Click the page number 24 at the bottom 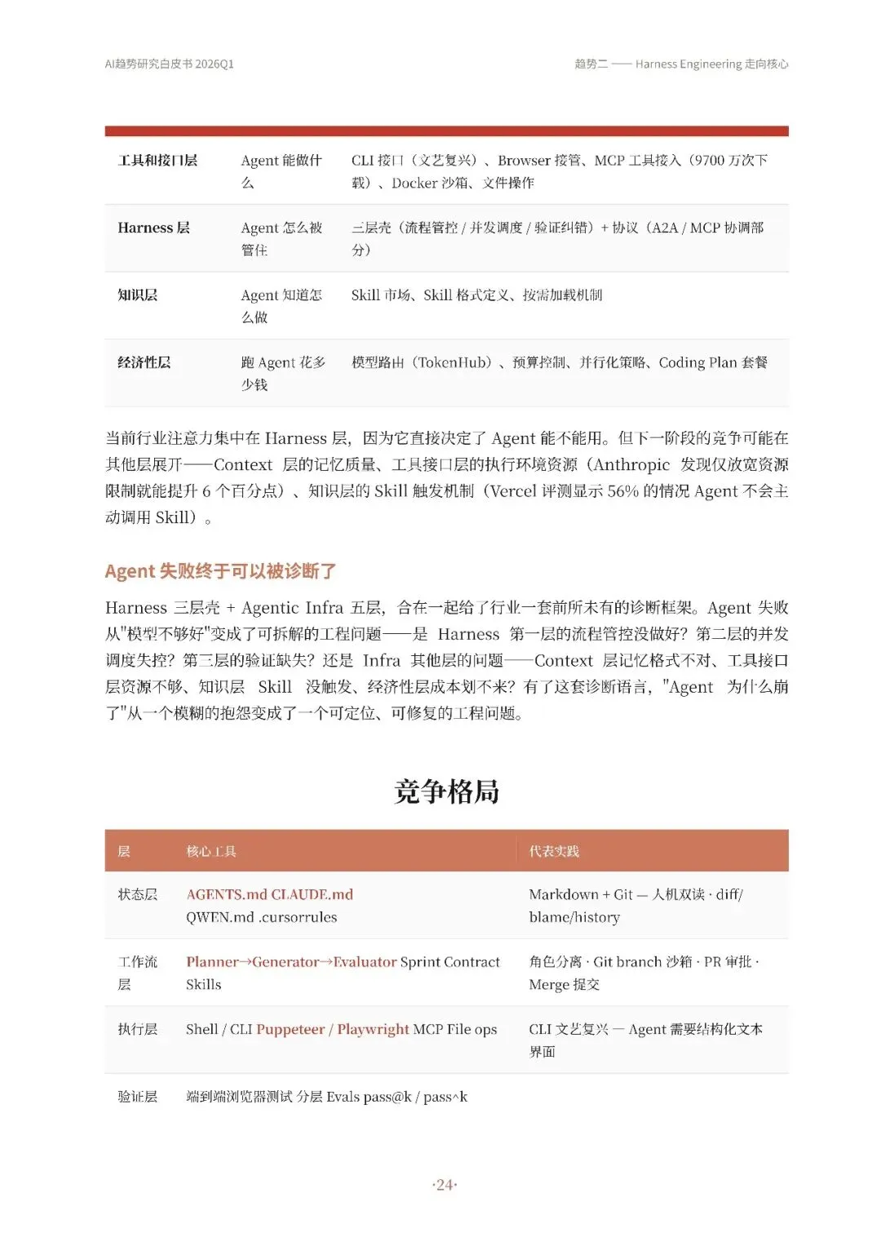point(445,1185)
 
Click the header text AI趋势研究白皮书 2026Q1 point(169,64)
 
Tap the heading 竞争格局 point(446,791)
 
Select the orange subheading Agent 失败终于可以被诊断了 point(220,571)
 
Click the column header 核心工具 point(211,851)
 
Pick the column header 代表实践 point(554,851)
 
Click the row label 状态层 point(137,894)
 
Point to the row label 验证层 point(137,1097)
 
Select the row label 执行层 point(137,1029)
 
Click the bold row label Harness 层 point(153,228)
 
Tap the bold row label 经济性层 point(144,362)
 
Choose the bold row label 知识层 point(137,295)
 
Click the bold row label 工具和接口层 point(157,160)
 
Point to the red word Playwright point(373,1029)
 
